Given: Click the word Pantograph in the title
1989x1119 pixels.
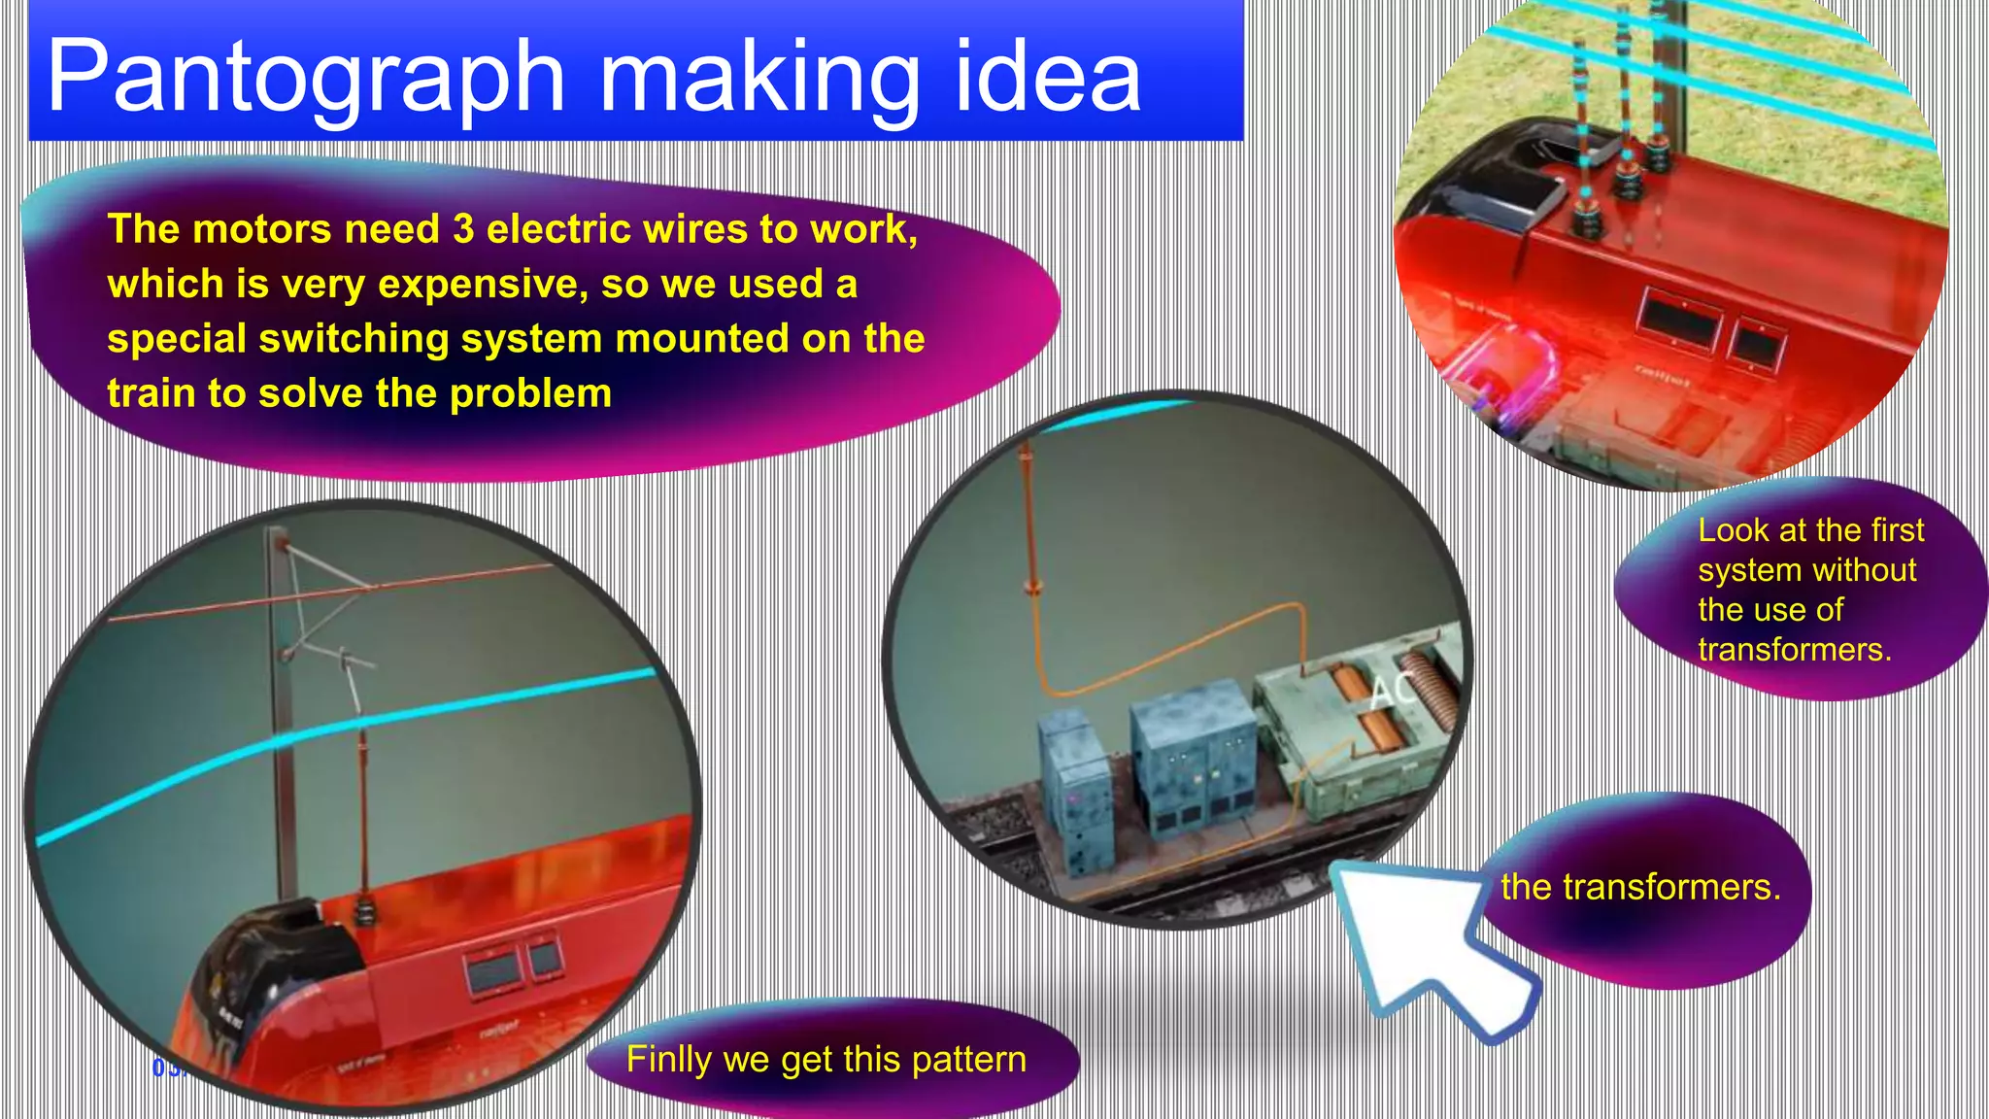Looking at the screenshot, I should point(306,78).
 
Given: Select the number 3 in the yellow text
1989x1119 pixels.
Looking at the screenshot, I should point(463,229).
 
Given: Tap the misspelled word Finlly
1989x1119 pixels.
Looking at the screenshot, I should point(668,1059).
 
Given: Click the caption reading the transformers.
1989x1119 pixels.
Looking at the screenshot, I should point(1640,887).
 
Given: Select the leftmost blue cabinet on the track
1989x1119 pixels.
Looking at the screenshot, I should point(1075,792).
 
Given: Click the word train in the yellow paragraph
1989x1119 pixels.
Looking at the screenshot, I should point(152,393).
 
